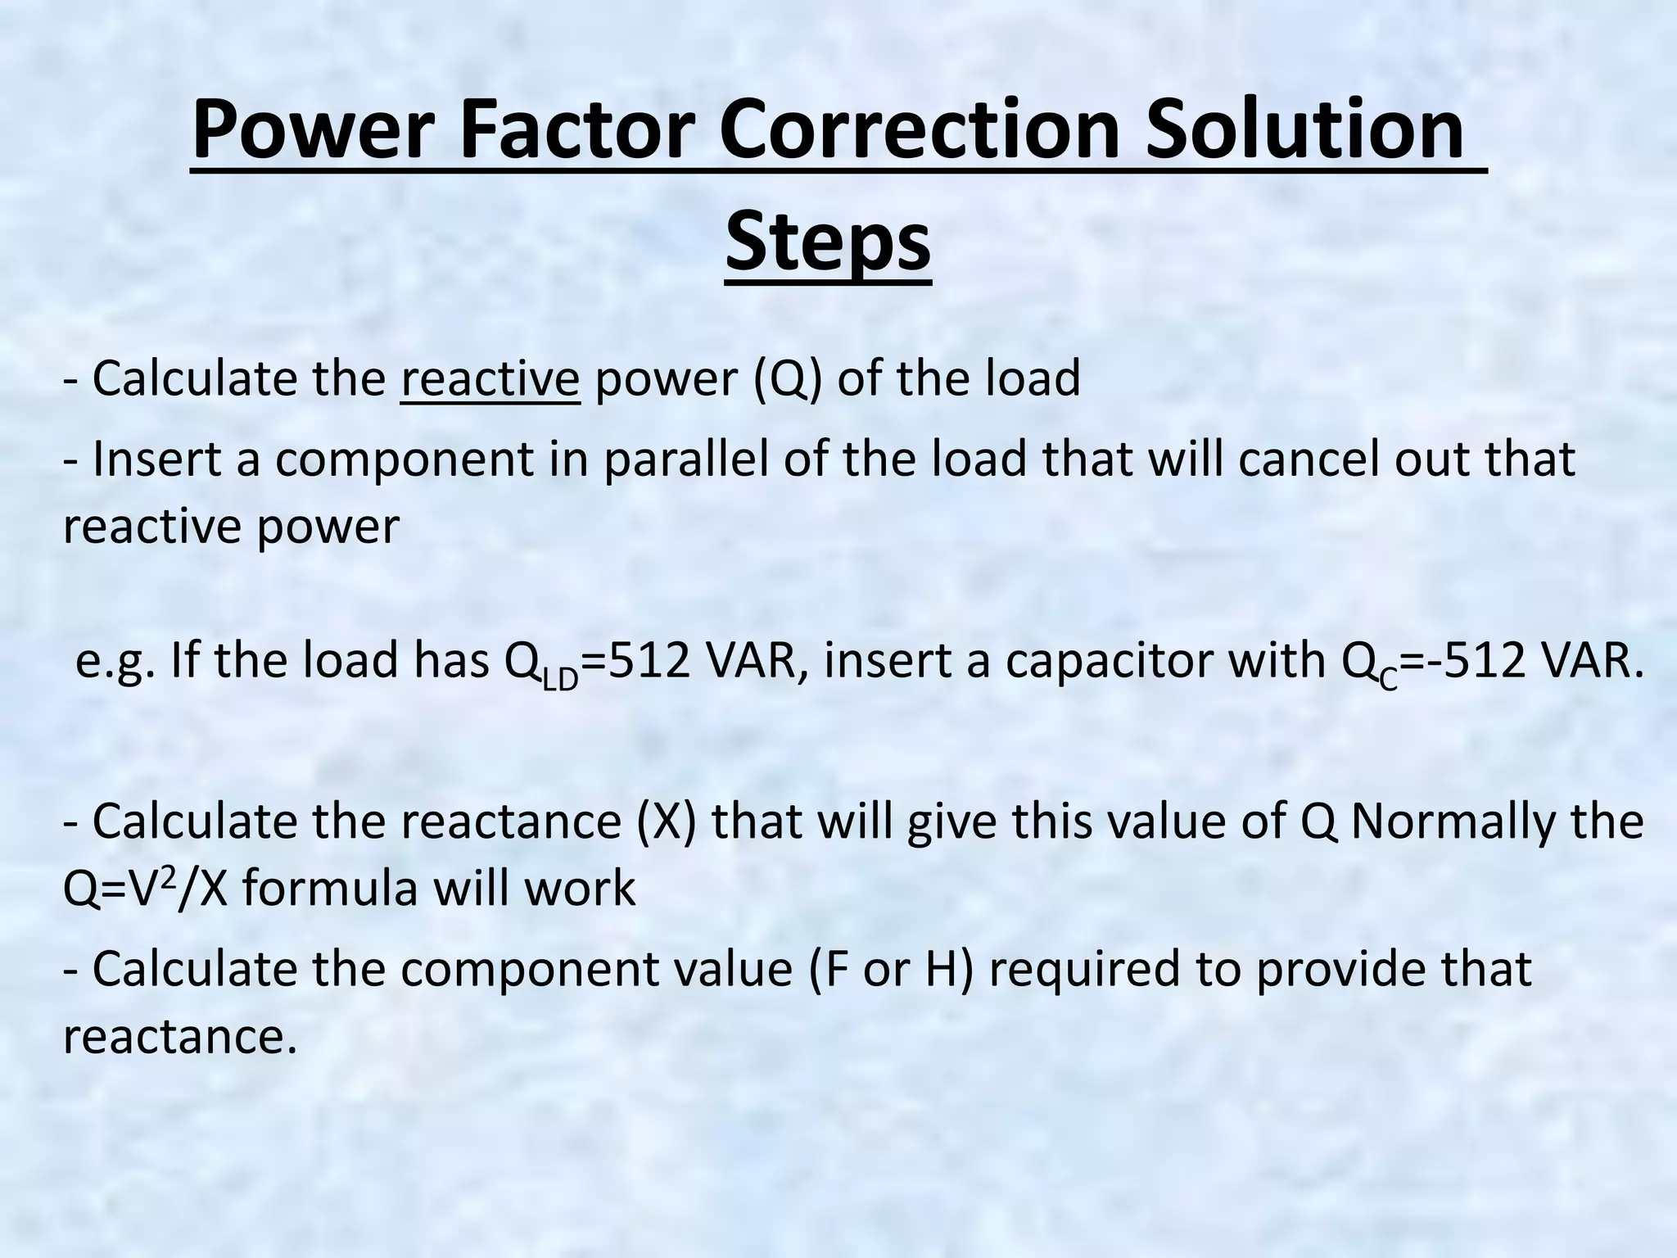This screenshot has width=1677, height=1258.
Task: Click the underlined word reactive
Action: click(x=490, y=378)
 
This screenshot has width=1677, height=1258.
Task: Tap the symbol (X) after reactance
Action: click(x=667, y=821)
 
